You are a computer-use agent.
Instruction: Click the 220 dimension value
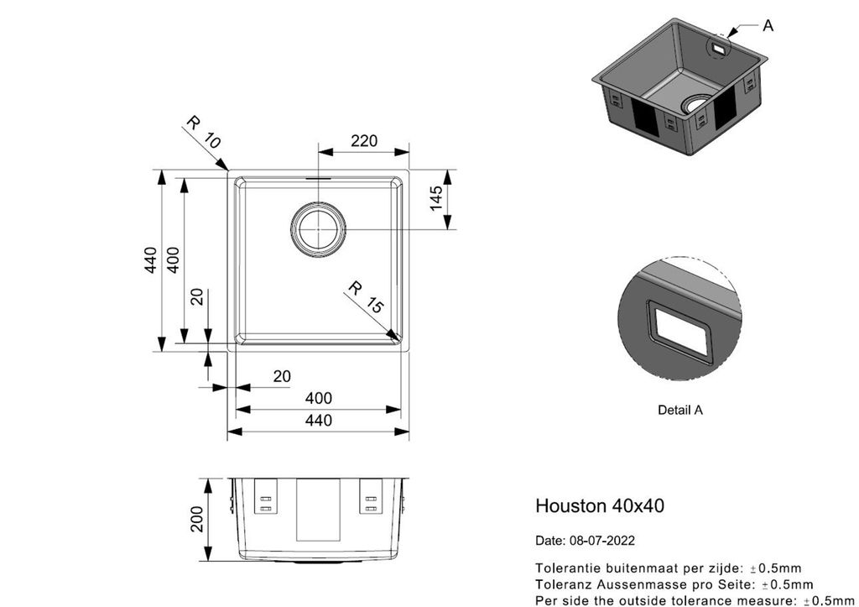click(364, 141)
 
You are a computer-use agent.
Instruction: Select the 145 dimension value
click(436, 198)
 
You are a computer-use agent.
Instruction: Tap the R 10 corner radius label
click(204, 132)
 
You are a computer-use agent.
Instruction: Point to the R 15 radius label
click(367, 298)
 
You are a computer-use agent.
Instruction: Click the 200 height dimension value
click(196, 519)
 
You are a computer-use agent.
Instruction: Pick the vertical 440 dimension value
click(151, 260)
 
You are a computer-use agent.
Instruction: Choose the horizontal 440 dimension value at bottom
click(318, 420)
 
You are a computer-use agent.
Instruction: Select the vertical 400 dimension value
click(173, 260)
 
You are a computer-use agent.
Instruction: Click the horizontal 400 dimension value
click(318, 398)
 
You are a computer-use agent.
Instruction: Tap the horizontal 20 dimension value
click(282, 376)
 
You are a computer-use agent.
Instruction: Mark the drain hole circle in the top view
click(318, 229)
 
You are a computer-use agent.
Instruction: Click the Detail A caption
click(679, 410)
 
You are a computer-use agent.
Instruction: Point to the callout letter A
click(768, 25)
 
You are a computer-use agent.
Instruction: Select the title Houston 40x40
click(600, 505)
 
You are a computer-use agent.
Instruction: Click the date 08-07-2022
click(602, 541)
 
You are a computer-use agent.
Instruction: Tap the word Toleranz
click(559, 584)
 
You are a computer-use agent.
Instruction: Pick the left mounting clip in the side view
click(266, 496)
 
